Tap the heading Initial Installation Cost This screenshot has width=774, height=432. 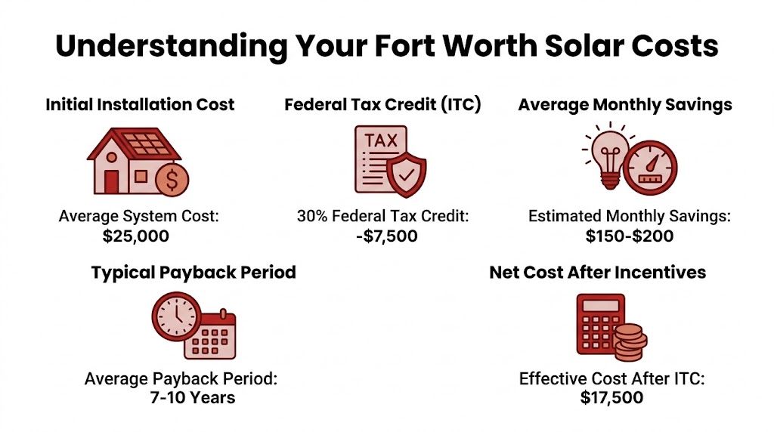pos(140,104)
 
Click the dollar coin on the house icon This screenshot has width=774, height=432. pos(172,179)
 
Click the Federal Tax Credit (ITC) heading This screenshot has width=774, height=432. pos(382,104)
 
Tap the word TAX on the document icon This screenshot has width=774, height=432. pos(381,140)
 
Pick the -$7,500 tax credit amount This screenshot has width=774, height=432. pos(383,236)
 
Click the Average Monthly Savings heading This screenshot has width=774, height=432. pos(625,104)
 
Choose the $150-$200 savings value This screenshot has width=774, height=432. pos(630,236)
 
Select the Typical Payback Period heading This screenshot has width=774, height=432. pos(193,273)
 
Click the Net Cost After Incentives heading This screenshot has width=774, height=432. pos(597,273)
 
